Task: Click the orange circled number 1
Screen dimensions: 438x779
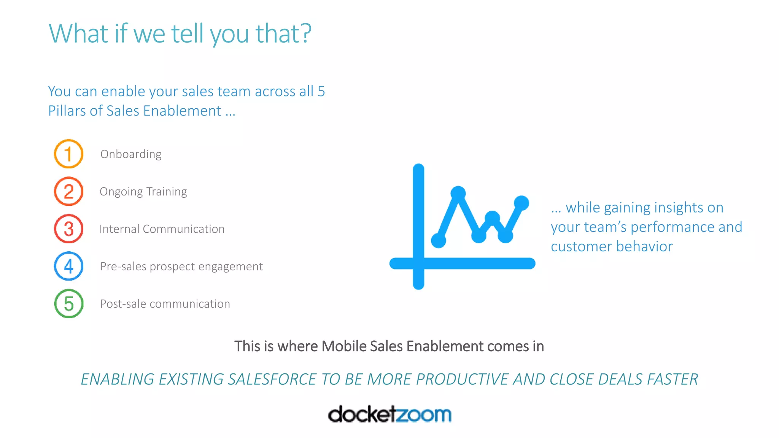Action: click(x=68, y=154)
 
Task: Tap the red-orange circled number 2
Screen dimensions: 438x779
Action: click(x=68, y=191)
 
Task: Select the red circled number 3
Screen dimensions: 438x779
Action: click(x=68, y=229)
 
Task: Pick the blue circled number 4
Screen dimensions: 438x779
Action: click(x=68, y=266)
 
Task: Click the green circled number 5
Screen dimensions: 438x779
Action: click(x=68, y=303)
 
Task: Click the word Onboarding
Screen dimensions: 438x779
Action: click(x=131, y=154)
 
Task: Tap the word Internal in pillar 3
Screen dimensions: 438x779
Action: click(x=119, y=229)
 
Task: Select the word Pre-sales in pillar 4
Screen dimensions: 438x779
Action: click(x=123, y=267)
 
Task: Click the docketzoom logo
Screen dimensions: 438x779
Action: click(x=389, y=414)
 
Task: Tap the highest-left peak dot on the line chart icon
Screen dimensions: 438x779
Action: click(x=458, y=193)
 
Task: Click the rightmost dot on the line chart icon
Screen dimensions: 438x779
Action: click(x=521, y=203)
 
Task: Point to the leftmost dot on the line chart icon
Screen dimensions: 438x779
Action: click(x=438, y=240)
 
